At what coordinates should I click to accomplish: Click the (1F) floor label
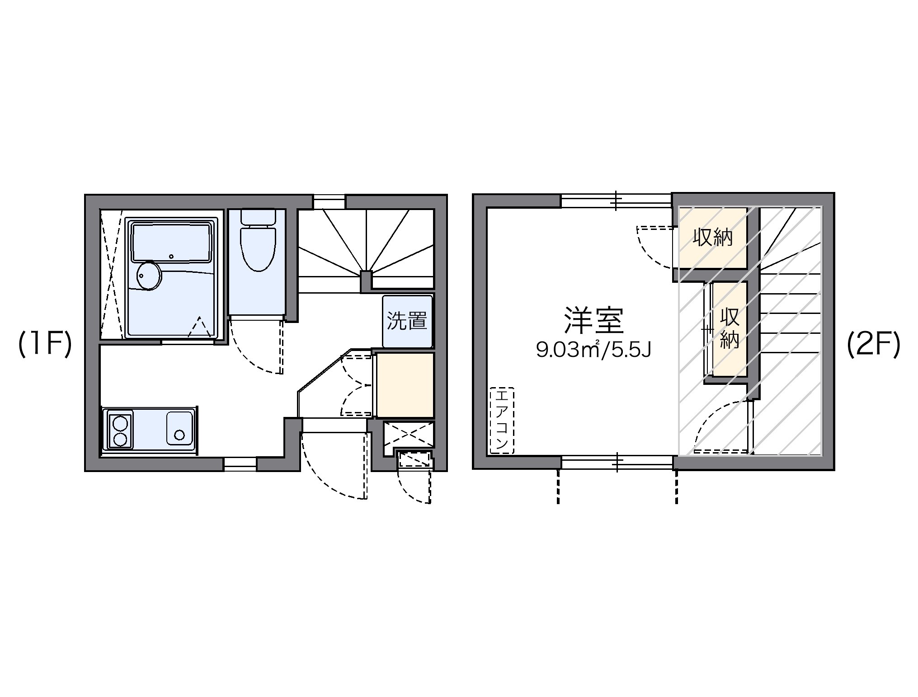pyautogui.click(x=45, y=345)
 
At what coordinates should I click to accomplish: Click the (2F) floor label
pyautogui.click(x=873, y=345)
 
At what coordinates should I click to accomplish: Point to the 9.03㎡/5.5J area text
pyautogui.click(x=593, y=349)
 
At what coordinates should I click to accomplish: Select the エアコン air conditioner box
pyautogui.click(x=502, y=420)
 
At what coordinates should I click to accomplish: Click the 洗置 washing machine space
pyautogui.click(x=407, y=321)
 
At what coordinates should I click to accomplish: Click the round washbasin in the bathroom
pyautogui.click(x=149, y=275)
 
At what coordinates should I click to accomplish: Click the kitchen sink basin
pyautogui.click(x=179, y=428)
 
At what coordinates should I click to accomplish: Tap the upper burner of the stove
pyautogui.click(x=120, y=424)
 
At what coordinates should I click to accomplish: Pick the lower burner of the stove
pyautogui.click(x=120, y=439)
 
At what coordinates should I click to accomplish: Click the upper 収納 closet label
pyautogui.click(x=713, y=238)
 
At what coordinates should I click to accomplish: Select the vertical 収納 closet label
pyautogui.click(x=729, y=328)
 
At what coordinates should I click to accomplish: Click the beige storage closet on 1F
pyautogui.click(x=405, y=385)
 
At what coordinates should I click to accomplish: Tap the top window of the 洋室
pyautogui.click(x=617, y=201)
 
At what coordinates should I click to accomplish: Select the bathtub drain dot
pyautogui.click(x=171, y=257)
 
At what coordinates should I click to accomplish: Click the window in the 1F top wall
pyautogui.click(x=329, y=201)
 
